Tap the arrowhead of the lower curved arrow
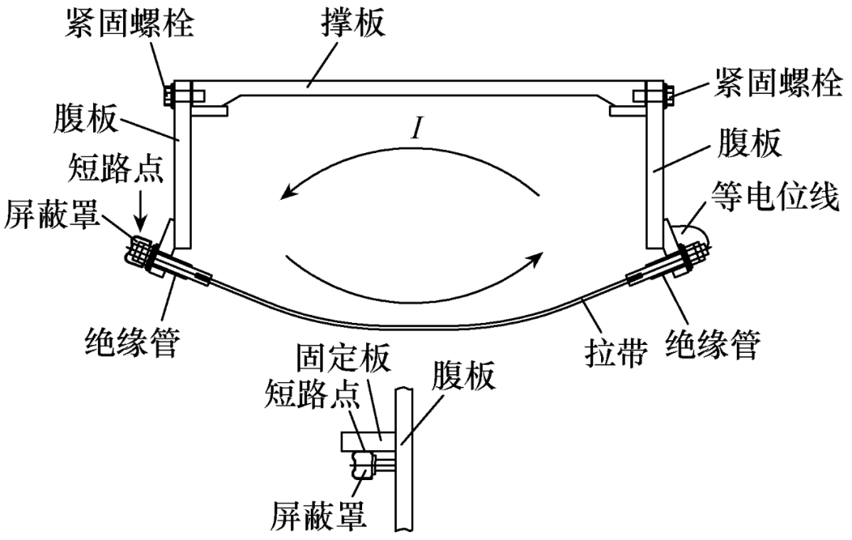click(540, 257)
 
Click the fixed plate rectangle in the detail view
click(371, 437)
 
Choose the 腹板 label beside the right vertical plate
click(742, 144)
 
